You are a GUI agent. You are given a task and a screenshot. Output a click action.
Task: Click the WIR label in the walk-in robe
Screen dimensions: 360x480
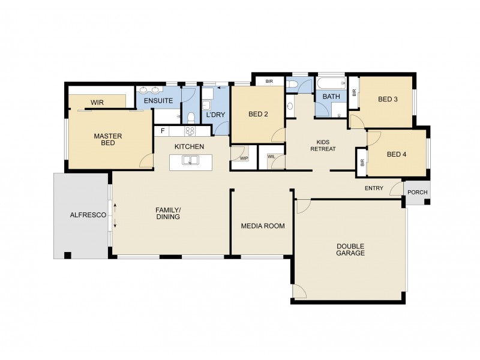tap(97, 103)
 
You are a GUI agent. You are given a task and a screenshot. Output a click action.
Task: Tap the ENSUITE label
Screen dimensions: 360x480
tap(158, 101)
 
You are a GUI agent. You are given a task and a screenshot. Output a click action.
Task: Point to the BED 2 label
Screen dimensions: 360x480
tap(257, 115)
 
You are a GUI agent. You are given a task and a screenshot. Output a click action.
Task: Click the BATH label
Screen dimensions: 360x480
tap(331, 97)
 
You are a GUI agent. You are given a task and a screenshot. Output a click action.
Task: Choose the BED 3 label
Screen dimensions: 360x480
tap(388, 100)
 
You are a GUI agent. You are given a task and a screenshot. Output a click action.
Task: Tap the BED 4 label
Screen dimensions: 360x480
tap(396, 154)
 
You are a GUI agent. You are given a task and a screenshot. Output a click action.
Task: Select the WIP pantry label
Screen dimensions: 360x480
tap(244, 159)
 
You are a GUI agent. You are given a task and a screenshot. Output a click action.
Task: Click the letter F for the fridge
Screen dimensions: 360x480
tap(162, 131)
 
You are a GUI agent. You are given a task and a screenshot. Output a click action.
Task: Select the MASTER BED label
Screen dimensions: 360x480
tap(108, 140)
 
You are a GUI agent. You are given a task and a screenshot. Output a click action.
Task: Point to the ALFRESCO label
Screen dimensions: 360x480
tap(88, 215)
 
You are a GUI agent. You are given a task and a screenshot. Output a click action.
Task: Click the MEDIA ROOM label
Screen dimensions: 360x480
tap(262, 226)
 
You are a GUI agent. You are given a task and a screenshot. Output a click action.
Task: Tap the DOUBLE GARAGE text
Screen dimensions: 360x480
tap(350, 250)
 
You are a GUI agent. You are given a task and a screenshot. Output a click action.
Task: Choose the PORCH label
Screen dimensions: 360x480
tap(416, 193)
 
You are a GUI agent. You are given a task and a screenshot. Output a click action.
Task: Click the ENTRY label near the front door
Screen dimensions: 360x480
tap(374, 188)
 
